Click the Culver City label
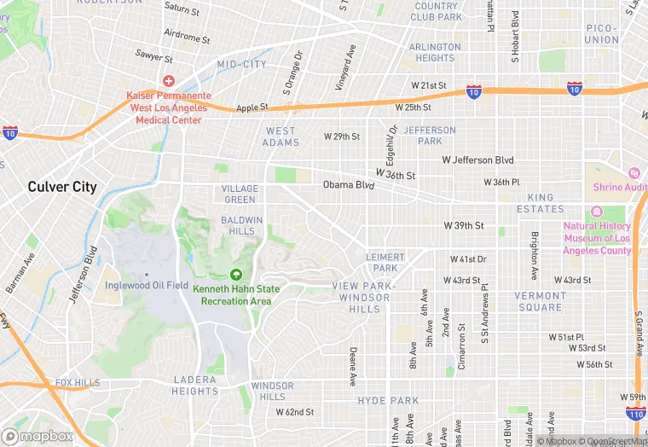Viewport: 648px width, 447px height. pyautogui.click(x=62, y=187)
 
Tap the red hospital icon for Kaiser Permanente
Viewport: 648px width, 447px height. pyautogui.click(x=169, y=81)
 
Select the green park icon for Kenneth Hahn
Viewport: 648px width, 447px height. pyautogui.click(x=235, y=275)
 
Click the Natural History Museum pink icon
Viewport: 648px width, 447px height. pyautogui.click(x=596, y=212)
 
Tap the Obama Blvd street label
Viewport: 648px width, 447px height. pyautogui.click(x=349, y=185)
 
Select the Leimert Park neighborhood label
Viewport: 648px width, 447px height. pyautogui.click(x=385, y=262)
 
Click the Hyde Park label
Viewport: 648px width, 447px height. pyautogui.click(x=388, y=401)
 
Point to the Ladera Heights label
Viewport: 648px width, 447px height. pyautogui.click(x=195, y=386)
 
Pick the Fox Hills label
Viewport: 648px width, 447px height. pyautogui.click(x=77, y=383)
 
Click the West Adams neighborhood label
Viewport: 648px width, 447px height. pyautogui.click(x=281, y=136)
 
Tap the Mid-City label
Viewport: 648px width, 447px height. pyautogui.click(x=242, y=65)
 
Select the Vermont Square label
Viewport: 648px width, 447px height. pyautogui.click(x=539, y=301)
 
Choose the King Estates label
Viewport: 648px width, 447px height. pyautogui.click(x=540, y=203)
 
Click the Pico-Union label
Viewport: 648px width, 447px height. pyautogui.click(x=602, y=34)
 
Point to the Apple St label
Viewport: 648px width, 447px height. pyautogui.click(x=252, y=107)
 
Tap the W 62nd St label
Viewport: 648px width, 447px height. pyautogui.click(x=295, y=412)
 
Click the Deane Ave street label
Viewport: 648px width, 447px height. pyautogui.click(x=352, y=366)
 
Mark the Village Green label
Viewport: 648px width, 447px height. pyautogui.click(x=240, y=194)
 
